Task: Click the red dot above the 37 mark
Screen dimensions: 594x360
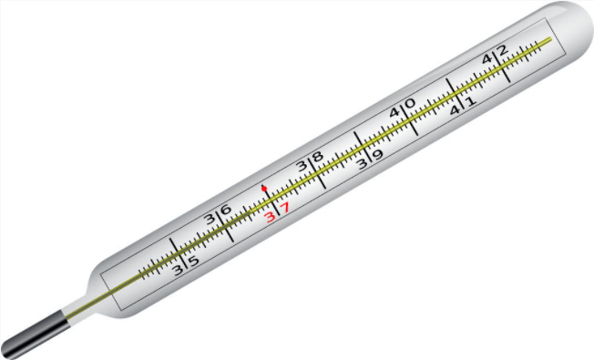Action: coord(264,188)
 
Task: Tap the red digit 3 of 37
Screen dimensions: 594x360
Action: coord(270,217)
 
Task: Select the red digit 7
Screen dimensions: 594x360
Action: coord(284,208)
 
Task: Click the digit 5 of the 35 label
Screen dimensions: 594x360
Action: coord(193,261)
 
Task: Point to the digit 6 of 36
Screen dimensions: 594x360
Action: coord(226,210)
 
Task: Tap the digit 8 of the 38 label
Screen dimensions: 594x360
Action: coord(317,156)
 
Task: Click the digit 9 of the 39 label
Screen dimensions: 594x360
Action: coord(378,155)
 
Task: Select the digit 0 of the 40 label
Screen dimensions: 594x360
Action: coord(410,103)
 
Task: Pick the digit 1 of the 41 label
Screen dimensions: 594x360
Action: coord(470,101)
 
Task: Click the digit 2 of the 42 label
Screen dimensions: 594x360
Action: coord(502,49)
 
